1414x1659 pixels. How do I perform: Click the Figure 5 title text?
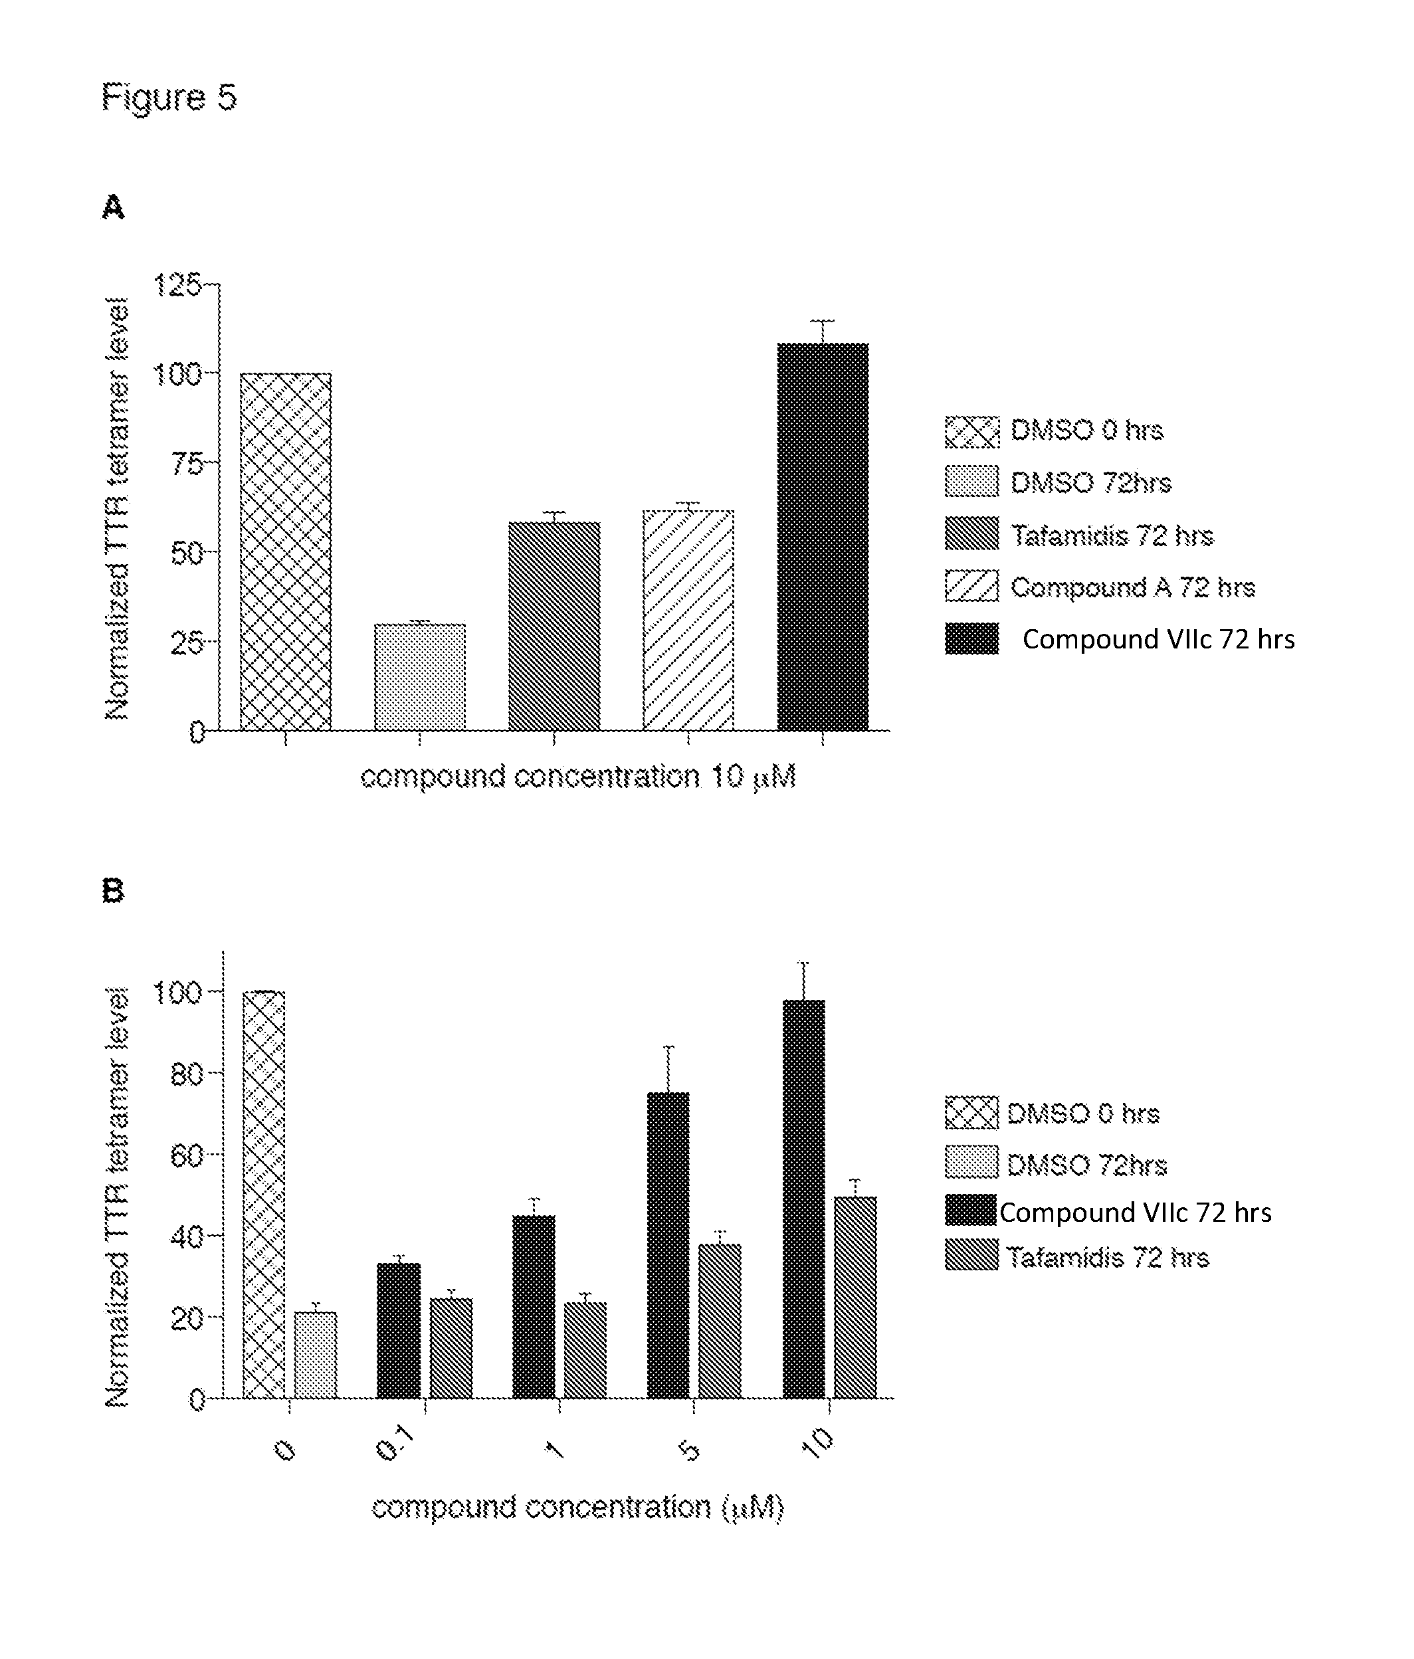tap(169, 98)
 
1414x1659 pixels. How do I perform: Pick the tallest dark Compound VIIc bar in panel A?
tap(823, 536)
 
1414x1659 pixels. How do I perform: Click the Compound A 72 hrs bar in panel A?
tap(688, 621)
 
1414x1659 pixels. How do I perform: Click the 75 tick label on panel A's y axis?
tap(187, 463)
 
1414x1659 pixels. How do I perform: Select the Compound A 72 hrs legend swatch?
tap(971, 586)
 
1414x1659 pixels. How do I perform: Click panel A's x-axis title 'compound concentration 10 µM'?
tap(577, 777)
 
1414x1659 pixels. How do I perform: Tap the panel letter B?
tap(113, 890)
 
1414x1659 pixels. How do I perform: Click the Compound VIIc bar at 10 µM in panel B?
tap(803, 1199)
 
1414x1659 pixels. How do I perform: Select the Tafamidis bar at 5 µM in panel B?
tap(719, 1321)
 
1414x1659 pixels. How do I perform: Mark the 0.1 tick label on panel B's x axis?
tap(394, 1445)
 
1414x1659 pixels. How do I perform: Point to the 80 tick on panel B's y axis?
tap(186, 1074)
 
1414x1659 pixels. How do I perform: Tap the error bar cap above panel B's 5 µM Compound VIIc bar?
tap(668, 1047)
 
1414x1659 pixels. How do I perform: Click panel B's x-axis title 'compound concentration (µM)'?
tap(577, 1508)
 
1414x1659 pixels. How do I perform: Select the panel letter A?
tap(113, 207)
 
